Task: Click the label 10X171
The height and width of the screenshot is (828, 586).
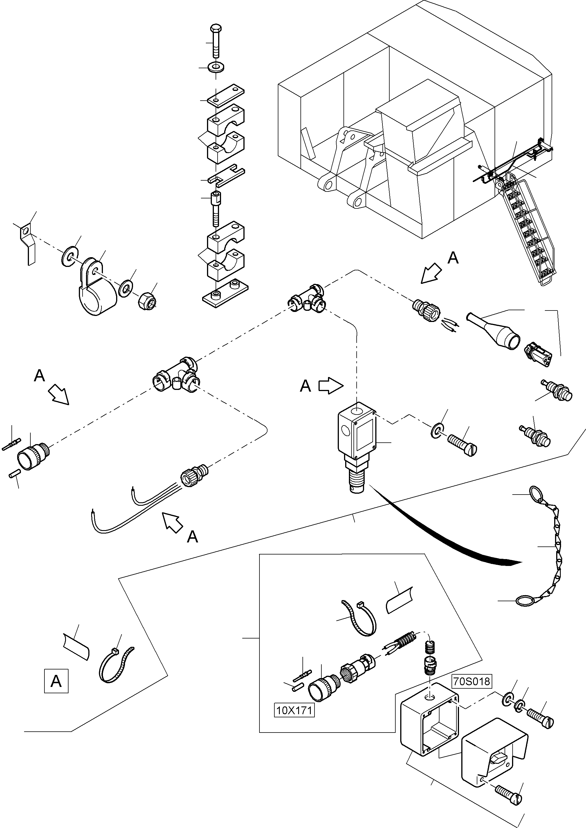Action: [x=294, y=710]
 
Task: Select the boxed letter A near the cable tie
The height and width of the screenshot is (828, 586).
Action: [x=56, y=681]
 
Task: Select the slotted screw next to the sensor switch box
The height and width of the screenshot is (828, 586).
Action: [x=462, y=441]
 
